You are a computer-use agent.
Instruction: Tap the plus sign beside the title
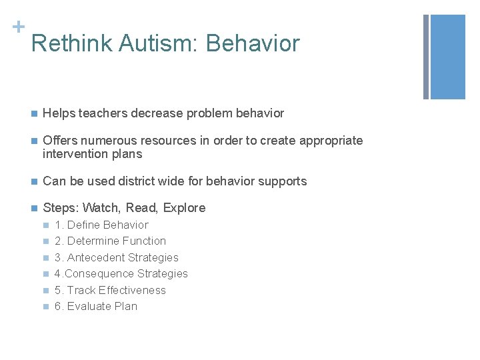point(17,27)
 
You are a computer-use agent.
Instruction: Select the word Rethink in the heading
point(73,43)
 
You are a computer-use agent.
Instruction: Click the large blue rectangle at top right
point(448,57)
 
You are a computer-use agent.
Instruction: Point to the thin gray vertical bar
point(425,57)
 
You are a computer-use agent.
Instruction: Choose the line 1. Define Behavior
point(101,225)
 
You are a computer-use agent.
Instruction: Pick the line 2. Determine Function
point(110,241)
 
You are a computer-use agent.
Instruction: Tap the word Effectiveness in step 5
point(132,290)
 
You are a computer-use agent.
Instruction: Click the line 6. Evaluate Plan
point(96,306)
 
